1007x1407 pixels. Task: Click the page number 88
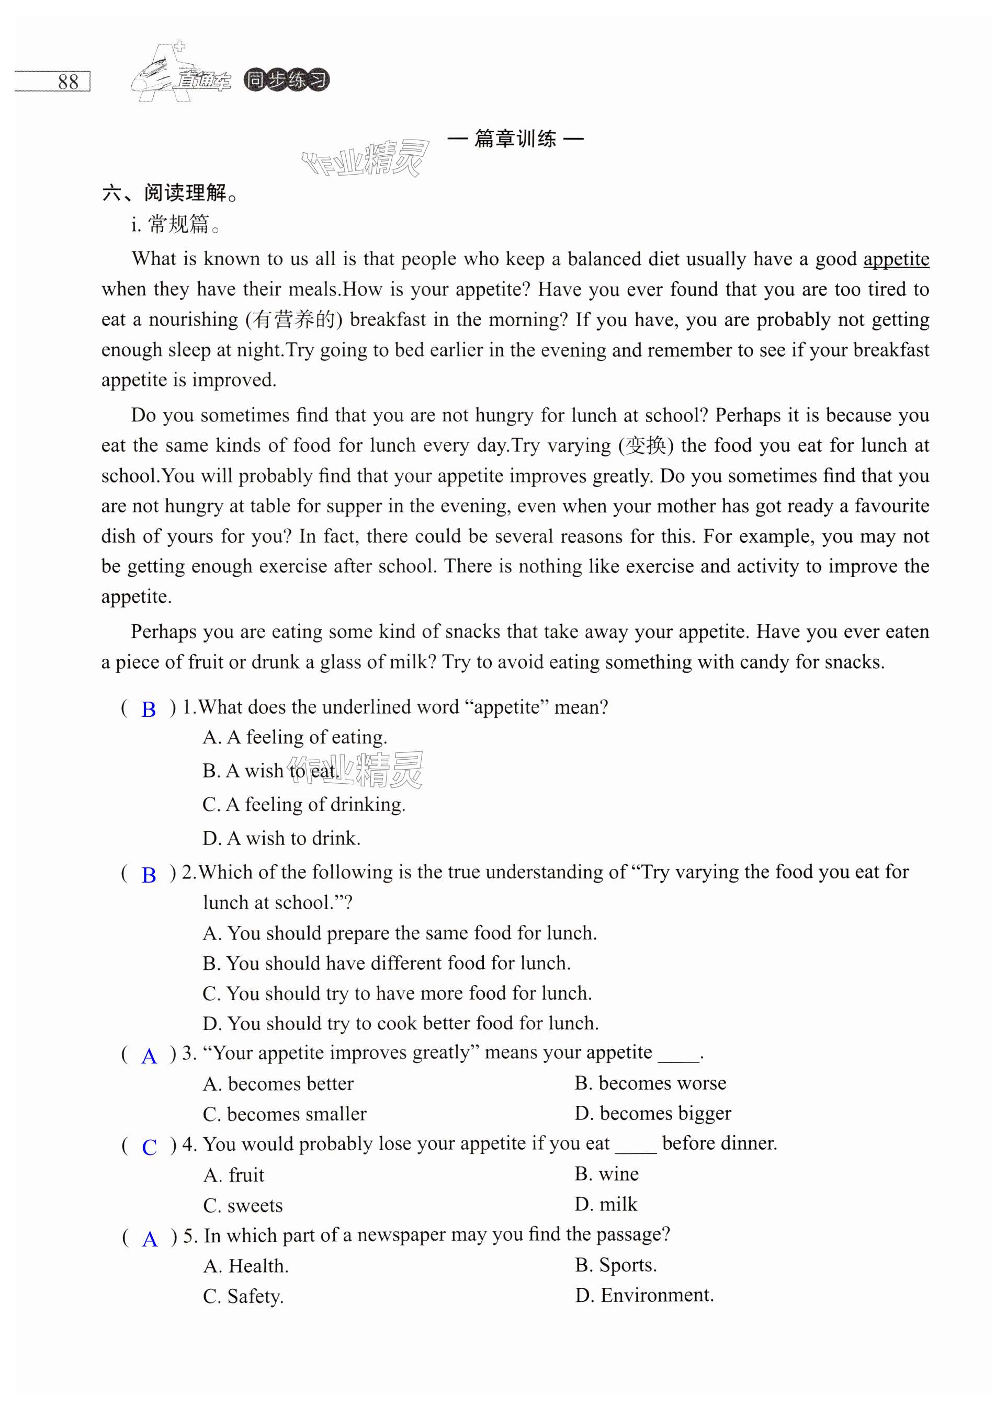tap(67, 82)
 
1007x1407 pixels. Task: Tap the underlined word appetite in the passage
tap(896, 259)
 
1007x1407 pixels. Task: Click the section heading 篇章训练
tap(515, 139)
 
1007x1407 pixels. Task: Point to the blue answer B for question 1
tap(148, 710)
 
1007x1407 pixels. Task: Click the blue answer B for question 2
tap(148, 875)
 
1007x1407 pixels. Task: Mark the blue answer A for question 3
tap(149, 1056)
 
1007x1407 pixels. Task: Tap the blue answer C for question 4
tap(149, 1147)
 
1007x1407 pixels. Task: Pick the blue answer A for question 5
tap(150, 1239)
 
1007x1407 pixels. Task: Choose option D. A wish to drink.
tap(281, 839)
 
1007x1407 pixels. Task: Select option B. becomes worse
tap(650, 1083)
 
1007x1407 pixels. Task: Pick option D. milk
tap(606, 1204)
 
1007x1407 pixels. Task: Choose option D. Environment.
tap(644, 1295)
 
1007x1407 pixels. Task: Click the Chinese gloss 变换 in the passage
tap(646, 445)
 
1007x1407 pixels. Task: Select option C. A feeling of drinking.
tap(304, 805)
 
